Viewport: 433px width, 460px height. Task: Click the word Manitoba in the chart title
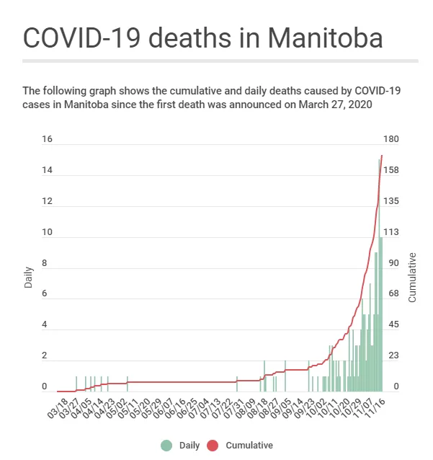click(325, 37)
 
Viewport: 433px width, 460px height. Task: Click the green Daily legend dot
click(166, 446)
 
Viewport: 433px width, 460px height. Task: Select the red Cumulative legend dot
click(213, 446)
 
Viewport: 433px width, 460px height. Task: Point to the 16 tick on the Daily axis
click(47, 138)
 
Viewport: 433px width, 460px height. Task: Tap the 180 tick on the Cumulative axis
click(391, 138)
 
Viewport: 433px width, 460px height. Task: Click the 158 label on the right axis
click(391, 170)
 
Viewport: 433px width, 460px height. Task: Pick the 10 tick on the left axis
click(47, 232)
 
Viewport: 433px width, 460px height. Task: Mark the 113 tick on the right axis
click(391, 232)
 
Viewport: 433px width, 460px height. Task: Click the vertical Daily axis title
click(28, 278)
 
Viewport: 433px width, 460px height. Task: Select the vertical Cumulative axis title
click(412, 278)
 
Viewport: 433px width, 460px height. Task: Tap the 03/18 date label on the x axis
click(58, 408)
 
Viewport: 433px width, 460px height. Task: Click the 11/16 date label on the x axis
click(375, 408)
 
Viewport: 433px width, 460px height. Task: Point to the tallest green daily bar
click(379, 275)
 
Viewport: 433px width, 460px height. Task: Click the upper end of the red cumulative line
click(382, 156)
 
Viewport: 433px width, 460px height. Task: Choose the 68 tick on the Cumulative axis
click(393, 293)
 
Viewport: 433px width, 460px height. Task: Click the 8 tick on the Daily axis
click(44, 263)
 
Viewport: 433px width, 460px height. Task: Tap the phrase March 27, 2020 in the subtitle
click(335, 105)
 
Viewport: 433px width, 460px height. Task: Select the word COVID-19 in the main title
click(82, 37)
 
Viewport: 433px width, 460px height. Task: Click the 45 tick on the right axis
click(393, 324)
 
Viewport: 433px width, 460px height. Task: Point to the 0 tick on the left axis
click(44, 386)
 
